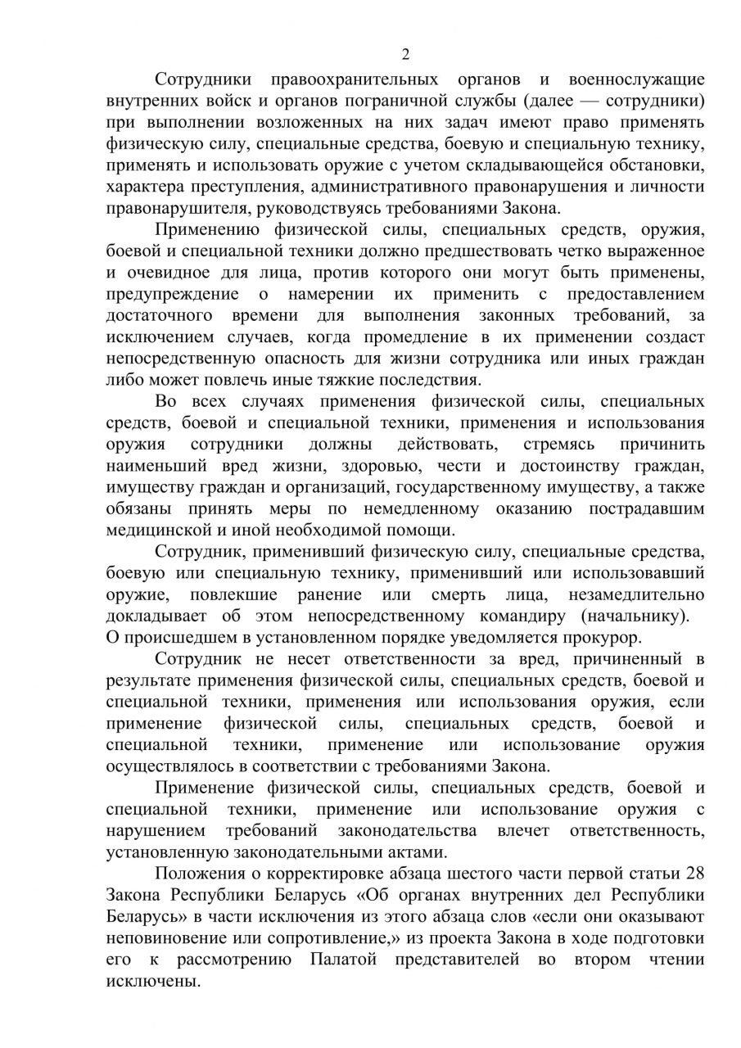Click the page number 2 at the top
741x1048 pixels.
point(405,55)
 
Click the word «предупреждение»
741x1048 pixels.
point(173,293)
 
